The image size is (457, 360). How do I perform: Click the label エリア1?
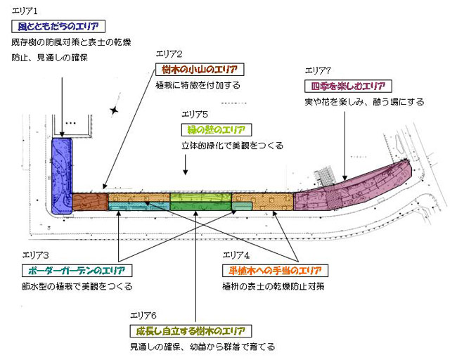click(x=25, y=11)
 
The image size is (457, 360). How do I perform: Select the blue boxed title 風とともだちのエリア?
click(x=60, y=26)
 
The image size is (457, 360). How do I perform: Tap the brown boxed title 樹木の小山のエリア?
click(x=199, y=70)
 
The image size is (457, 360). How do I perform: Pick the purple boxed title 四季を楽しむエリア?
click(x=347, y=86)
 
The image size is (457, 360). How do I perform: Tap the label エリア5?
click(x=195, y=114)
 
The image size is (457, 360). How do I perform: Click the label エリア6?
click(x=143, y=316)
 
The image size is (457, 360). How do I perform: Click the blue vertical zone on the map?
click(x=62, y=174)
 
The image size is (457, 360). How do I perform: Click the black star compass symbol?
click(x=114, y=110)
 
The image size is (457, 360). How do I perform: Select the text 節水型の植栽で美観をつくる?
click(x=77, y=286)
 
